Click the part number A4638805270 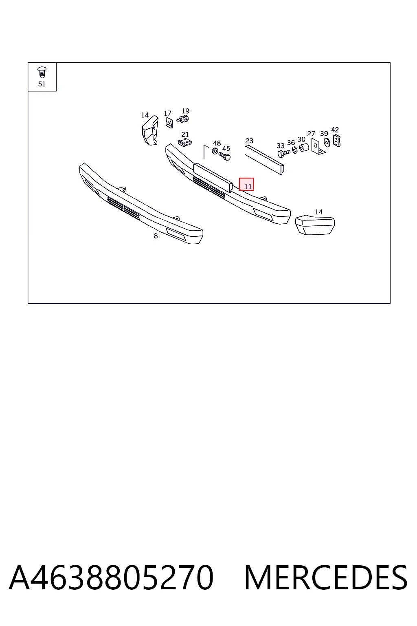coord(111,578)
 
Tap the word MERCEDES coord(326,578)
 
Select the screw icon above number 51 coord(42,73)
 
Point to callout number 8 coord(156,236)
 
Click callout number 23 coord(249,141)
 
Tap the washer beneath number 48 coord(215,151)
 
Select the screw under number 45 coord(224,156)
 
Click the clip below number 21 coord(185,143)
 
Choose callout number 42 coord(335,130)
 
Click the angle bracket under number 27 coord(318,146)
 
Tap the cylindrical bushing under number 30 coord(304,148)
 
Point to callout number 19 coord(185,111)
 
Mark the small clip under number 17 coord(169,123)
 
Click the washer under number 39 coord(327,143)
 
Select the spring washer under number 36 coord(295,150)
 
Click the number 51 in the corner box coord(42,84)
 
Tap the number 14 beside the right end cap coord(319,212)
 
